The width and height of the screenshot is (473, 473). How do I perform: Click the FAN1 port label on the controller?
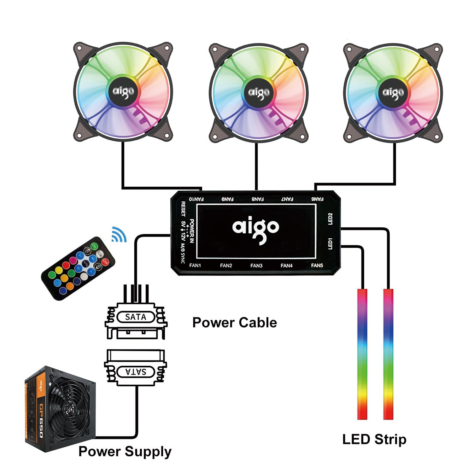point(195,266)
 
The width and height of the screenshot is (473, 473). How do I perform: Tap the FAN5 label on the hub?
point(317,266)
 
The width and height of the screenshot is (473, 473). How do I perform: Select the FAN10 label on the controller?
point(196,199)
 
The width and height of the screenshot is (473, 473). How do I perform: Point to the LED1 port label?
point(330,244)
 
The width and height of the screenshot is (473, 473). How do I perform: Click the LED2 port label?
point(330,219)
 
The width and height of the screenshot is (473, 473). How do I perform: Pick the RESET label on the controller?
point(183,209)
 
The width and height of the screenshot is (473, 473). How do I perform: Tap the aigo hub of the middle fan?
point(259,92)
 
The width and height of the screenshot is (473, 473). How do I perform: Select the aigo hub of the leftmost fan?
point(123,92)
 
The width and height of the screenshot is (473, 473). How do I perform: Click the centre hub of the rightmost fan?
point(393,92)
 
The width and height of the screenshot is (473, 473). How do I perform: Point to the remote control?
point(78,268)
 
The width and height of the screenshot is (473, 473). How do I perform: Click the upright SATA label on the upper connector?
point(136,317)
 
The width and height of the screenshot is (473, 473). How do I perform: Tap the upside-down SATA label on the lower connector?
point(136,372)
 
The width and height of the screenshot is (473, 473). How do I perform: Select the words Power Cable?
point(235,323)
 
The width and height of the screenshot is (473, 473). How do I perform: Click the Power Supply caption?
point(125,451)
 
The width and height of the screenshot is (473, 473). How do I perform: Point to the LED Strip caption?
point(374,439)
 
